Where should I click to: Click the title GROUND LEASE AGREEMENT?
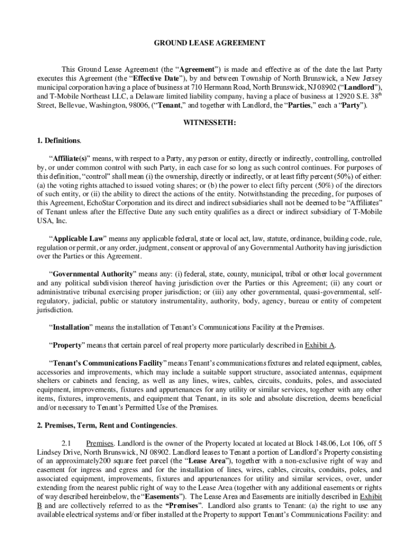click(x=209, y=42)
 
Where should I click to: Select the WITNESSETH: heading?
click(x=209, y=123)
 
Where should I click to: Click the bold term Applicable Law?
click(x=77, y=239)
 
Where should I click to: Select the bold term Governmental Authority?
click(x=90, y=274)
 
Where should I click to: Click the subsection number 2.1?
click(x=67, y=443)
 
